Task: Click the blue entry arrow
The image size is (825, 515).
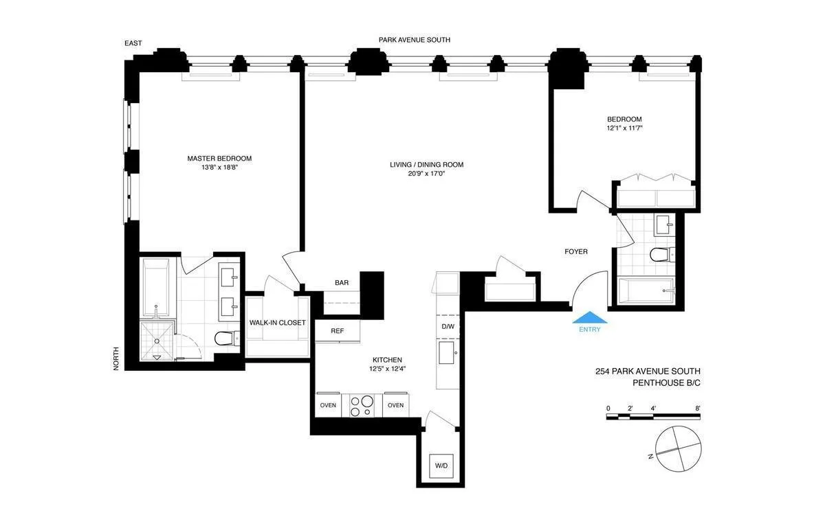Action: pyautogui.click(x=590, y=317)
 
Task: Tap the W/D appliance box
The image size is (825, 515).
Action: pyautogui.click(x=441, y=466)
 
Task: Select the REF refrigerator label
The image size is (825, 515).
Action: pyautogui.click(x=337, y=331)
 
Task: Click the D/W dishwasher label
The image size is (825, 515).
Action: pyautogui.click(x=448, y=326)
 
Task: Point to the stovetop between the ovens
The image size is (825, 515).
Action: pyautogui.click(x=362, y=404)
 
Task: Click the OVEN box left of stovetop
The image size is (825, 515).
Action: pyautogui.click(x=328, y=405)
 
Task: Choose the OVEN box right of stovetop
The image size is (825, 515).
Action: pyautogui.click(x=395, y=405)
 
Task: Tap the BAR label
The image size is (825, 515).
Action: pyautogui.click(x=341, y=283)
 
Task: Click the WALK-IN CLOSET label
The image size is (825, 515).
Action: pyautogui.click(x=277, y=323)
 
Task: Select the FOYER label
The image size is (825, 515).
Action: pyautogui.click(x=576, y=252)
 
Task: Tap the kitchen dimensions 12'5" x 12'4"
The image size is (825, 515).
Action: pyautogui.click(x=387, y=369)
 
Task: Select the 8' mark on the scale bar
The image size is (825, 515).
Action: pyautogui.click(x=697, y=409)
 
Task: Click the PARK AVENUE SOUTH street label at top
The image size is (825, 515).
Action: pyautogui.click(x=414, y=40)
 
